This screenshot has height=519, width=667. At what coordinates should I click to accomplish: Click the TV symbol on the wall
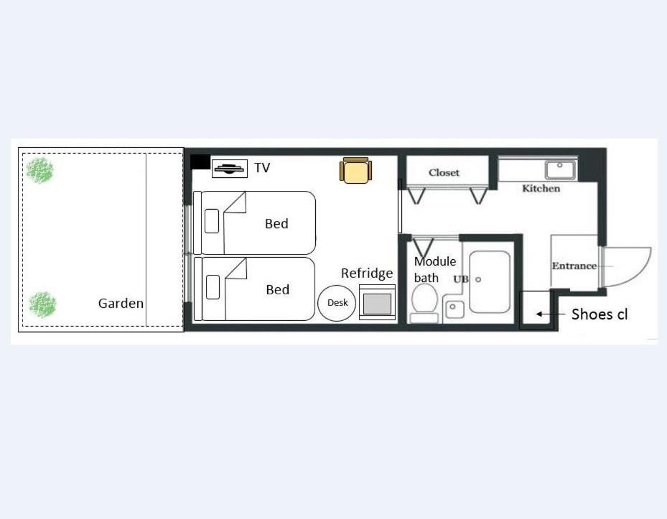tap(229, 169)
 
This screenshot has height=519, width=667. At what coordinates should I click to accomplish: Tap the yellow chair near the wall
tap(356, 171)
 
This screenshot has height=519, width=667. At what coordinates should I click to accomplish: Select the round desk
tap(337, 303)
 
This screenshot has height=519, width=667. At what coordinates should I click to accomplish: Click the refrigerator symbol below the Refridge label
tap(377, 302)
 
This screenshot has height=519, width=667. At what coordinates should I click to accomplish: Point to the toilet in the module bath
tap(425, 301)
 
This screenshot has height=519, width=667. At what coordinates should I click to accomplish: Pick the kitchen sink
tap(559, 170)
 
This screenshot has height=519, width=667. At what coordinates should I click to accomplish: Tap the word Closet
tap(444, 172)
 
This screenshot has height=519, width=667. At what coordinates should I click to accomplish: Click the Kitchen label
tap(541, 189)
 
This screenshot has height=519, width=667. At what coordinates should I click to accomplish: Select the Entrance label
tap(574, 266)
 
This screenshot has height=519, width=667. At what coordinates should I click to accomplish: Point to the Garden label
tap(121, 304)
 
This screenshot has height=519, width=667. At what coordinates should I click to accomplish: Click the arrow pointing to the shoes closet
tap(544, 314)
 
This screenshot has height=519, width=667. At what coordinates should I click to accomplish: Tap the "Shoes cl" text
tap(599, 314)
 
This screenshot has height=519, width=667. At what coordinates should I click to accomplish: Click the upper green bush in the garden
tap(40, 171)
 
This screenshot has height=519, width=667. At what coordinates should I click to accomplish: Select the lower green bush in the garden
tap(42, 304)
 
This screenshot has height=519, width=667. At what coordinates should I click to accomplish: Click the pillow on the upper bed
tap(212, 221)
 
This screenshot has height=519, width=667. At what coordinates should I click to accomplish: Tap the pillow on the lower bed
tap(213, 286)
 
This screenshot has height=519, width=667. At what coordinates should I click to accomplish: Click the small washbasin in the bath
tap(454, 309)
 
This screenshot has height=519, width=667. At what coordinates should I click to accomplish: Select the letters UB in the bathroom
tap(460, 279)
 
